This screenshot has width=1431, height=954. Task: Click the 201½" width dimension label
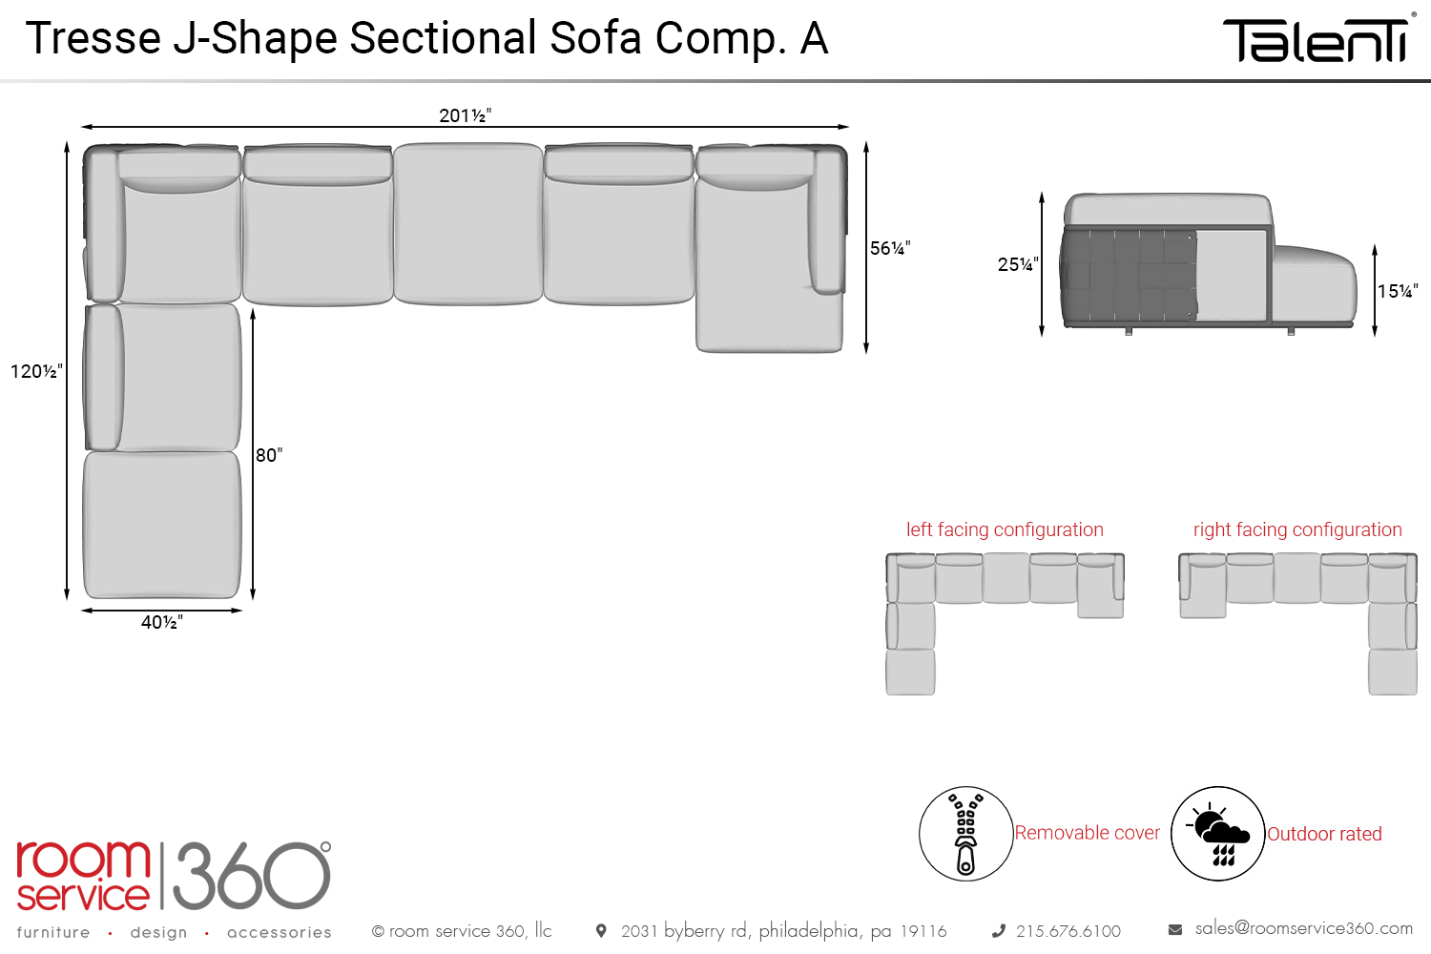[465, 115]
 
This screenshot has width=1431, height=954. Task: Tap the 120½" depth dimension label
[36, 371]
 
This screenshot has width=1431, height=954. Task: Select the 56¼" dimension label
[890, 248]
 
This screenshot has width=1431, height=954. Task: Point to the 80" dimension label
[269, 455]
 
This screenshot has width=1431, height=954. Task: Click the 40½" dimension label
[161, 622]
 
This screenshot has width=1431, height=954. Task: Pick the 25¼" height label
[1017, 264]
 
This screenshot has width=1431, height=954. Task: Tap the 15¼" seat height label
[1398, 291]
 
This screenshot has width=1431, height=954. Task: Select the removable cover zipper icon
[965, 834]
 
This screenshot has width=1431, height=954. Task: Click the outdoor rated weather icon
[1218, 834]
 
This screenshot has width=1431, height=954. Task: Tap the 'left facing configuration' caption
[1005, 529]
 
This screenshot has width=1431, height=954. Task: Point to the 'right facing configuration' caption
[1297, 529]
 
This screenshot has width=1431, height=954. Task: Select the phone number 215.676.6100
[1068, 931]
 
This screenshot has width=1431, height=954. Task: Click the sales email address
[1303, 927]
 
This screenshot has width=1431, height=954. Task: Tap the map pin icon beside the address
[601, 930]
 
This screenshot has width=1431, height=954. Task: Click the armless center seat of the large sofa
[467, 224]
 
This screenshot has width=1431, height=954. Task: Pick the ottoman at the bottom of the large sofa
[162, 525]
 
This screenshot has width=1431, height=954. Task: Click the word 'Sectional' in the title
[443, 38]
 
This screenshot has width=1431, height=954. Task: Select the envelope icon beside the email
[1175, 929]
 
